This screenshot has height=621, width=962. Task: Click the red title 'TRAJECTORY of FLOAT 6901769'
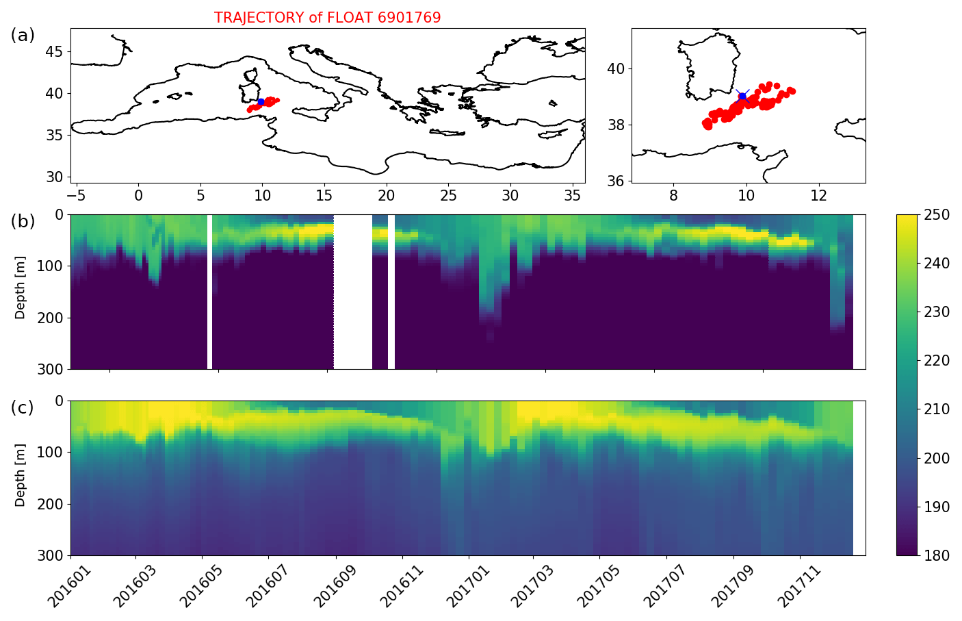pyautogui.click(x=327, y=18)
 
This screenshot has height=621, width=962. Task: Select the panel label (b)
pyautogui.click(x=23, y=222)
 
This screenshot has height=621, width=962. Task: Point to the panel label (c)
pyautogui.click(x=23, y=408)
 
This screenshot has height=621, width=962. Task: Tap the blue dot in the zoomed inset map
pyautogui.click(x=742, y=97)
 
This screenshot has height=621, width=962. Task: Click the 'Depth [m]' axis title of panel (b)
pyautogui.click(x=21, y=292)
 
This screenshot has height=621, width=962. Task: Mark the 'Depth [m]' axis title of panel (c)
pyautogui.click(x=21, y=478)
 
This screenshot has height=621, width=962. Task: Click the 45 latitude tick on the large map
pyautogui.click(x=55, y=52)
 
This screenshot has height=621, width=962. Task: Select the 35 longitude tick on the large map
pyautogui.click(x=572, y=196)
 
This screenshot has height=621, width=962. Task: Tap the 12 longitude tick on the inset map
pyautogui.click(x=819, y=196)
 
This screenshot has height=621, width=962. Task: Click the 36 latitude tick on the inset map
pyautogui.click(x=616, y=181)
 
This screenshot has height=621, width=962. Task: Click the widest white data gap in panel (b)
pyautogui.click(x=353, y=292)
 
